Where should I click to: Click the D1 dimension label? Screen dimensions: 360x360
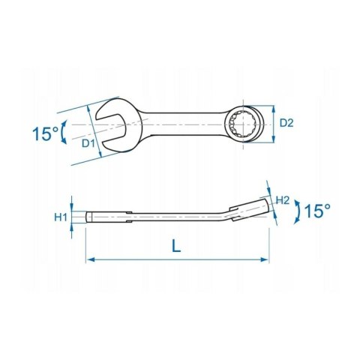(88, 143)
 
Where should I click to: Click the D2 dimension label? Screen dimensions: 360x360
(286, 123)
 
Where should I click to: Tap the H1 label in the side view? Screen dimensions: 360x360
(61, 217)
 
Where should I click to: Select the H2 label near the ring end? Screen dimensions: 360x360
(283, 200)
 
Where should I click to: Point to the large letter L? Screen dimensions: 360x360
(176, 245)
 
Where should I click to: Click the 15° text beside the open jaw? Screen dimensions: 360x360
(46, 133)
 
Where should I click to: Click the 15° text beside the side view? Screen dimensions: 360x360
(317, 211)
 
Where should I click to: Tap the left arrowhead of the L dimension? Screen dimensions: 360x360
(91, 259)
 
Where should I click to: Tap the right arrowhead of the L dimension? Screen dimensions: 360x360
(265, 259)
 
